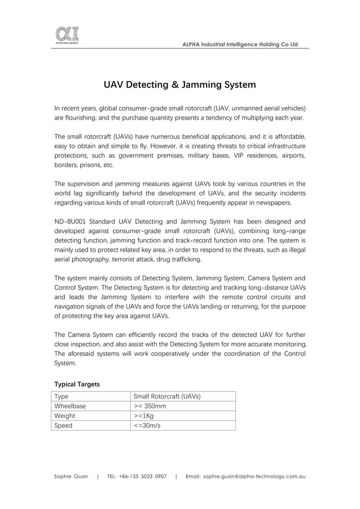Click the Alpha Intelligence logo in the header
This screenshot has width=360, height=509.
[x=67, y=35]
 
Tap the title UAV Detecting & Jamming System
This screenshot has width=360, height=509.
[x=179, y=85]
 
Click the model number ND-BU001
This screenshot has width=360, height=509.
[x=69, y=221]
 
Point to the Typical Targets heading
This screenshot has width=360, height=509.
[x=77, y=384]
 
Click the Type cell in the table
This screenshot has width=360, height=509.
[x=62, y=396]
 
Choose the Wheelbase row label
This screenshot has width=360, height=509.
[x=70, y=406]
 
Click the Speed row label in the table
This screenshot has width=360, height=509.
[x=63, y=425]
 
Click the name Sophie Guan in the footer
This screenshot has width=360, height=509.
[x=71, y=476]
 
